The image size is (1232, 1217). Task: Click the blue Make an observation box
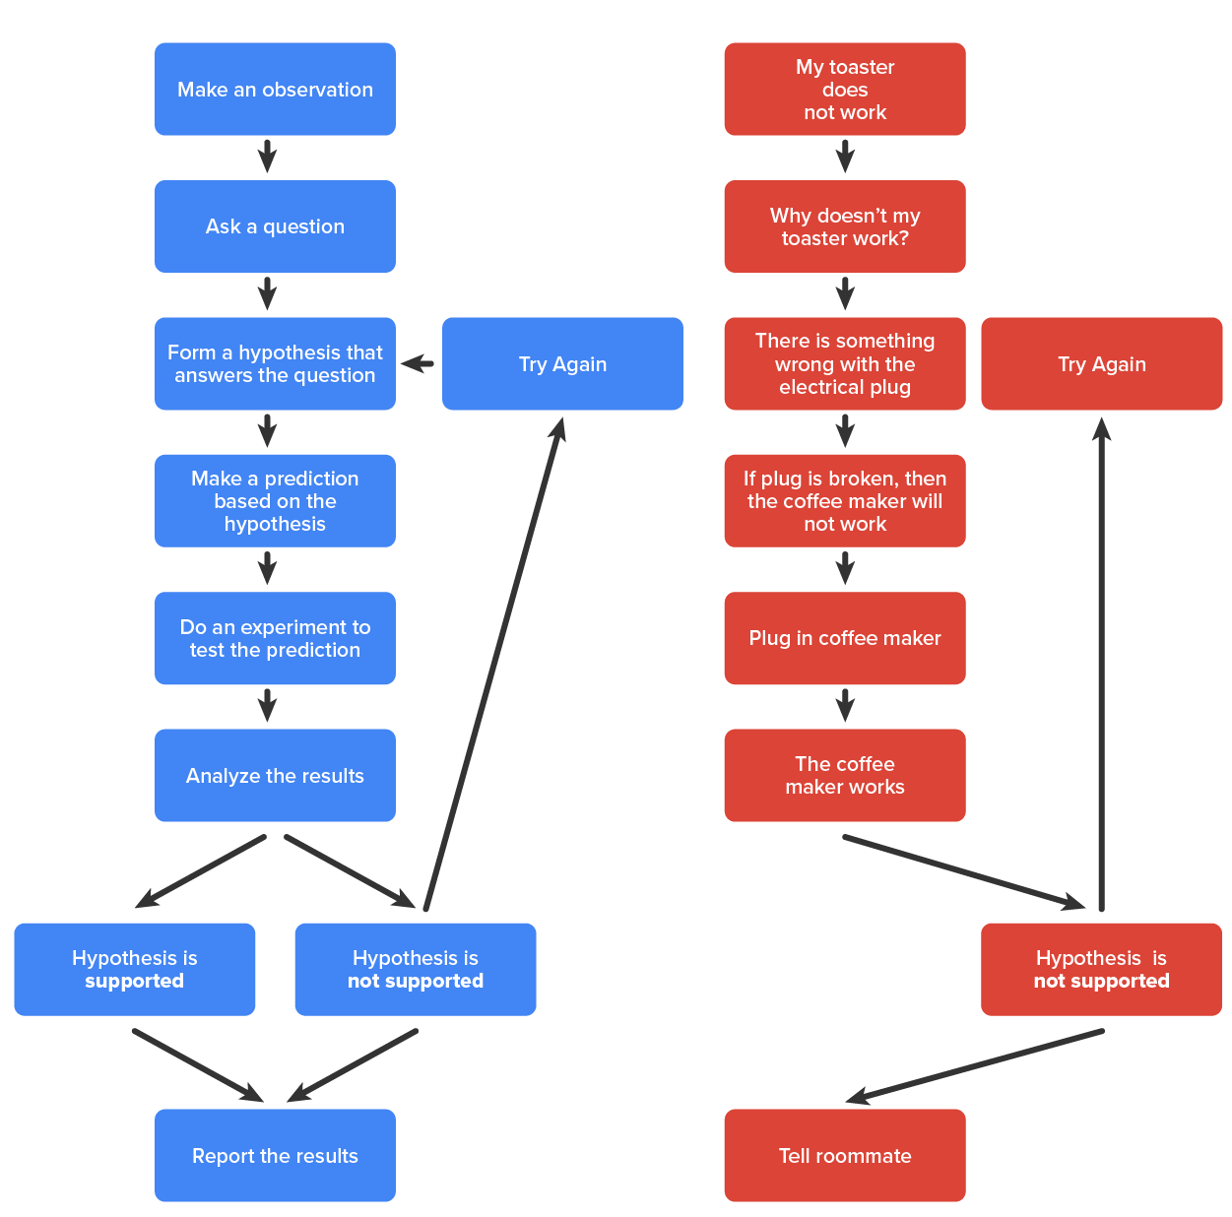click(275, 89)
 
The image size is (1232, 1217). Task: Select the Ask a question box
click(275, 226)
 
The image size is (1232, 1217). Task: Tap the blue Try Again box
click(562, 363)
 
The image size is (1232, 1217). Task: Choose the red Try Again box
click(1101, 363)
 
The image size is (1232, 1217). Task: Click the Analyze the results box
click(275, 775)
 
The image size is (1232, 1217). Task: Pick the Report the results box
click(275, 1155)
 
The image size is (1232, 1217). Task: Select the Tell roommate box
click(844, 1155)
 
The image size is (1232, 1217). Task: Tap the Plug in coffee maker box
click(844, 638)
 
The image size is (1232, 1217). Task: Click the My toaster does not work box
click(844, 89)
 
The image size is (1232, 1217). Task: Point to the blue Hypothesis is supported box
click(134, 969)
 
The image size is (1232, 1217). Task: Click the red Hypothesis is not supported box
click(1101, 969)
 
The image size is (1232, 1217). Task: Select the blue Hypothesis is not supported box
click(415, 969)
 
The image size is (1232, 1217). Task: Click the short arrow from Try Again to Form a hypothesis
click(419, 363)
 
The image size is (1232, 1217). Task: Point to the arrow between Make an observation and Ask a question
click(267, 157)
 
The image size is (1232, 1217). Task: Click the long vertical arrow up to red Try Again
click(1101, 670)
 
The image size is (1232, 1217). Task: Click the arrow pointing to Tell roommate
click(975, 1066)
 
